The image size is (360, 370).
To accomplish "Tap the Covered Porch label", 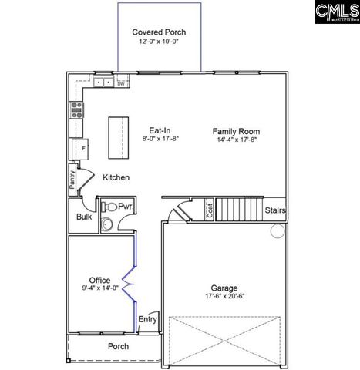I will (x=159, y=32).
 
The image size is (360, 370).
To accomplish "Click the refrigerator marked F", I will (x=79, y=146).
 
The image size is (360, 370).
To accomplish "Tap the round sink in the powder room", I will (x=109, y=224).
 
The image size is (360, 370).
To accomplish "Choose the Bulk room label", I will (x=83, y=217).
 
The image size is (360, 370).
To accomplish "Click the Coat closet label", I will (x=210, y=210).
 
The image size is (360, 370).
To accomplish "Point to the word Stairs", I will (x=275, y=210).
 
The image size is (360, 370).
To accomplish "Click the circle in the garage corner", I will (x=278, y=230).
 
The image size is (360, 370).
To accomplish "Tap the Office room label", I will (x=99, y=280).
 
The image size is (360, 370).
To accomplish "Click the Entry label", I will (x=147, y=319).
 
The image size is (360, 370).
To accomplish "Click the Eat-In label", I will (x=160, y=131).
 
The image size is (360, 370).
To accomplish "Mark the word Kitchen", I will (x=116, y=178).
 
